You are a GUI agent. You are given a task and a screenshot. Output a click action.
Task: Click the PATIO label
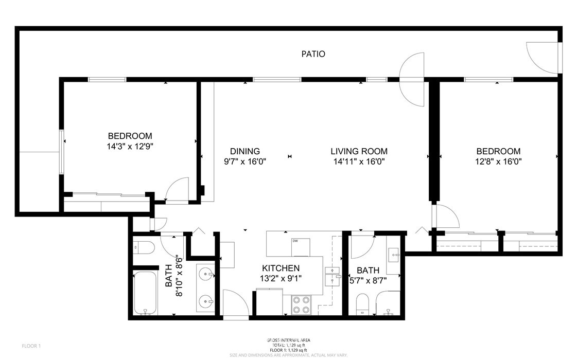313,54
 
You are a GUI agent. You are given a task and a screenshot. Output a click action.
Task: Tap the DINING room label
244,151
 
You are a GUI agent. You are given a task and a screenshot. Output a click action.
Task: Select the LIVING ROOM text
358,151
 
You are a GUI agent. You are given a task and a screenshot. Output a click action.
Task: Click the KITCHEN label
281,268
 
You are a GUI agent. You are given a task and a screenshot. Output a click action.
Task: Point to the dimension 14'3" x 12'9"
130,146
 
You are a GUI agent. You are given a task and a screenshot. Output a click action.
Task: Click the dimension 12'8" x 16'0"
498,161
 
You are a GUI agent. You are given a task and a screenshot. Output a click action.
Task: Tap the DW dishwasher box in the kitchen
301,247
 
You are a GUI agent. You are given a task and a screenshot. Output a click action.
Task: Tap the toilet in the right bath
362,304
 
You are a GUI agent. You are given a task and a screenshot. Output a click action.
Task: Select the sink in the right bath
394,255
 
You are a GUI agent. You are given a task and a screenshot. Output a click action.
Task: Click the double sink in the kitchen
332,276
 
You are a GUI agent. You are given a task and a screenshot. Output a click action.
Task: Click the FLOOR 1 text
31,346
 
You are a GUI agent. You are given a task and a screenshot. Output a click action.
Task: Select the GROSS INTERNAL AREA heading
288,340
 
